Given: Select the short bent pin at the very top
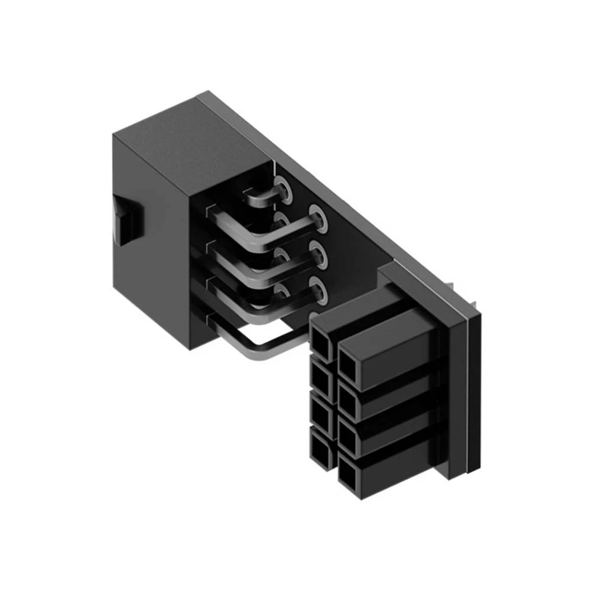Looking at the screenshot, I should [260, 198].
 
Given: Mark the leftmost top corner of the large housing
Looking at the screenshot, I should [113, 135].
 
